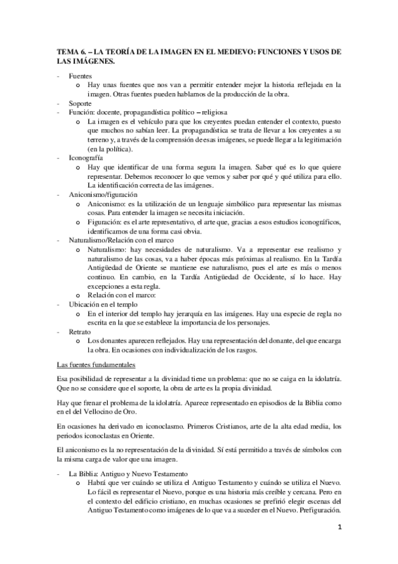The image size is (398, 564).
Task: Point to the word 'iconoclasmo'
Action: click(x=157, y=430)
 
